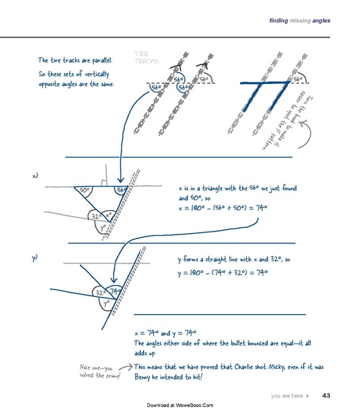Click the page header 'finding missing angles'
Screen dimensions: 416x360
pyautogui.click(x=299, y=21)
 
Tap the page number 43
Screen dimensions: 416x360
pyautogui.click(x=326, y=396)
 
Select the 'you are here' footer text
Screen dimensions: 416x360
pyautogui.click(x=286, y=396)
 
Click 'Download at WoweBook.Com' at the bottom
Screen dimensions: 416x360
pyautogui.click(x=180, y=405)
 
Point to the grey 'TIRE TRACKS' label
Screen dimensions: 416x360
pyautogui.click(x=146, y=58)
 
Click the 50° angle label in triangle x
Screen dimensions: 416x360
pyautogui.click(x=84, y=190)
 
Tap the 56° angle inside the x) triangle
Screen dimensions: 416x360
pyautogui.click(x=121, y=190)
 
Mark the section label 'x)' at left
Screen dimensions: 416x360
pyautogui.click(x=35, y=176)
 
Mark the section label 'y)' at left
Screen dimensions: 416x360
pyautogui.click(x=35, y=258)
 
